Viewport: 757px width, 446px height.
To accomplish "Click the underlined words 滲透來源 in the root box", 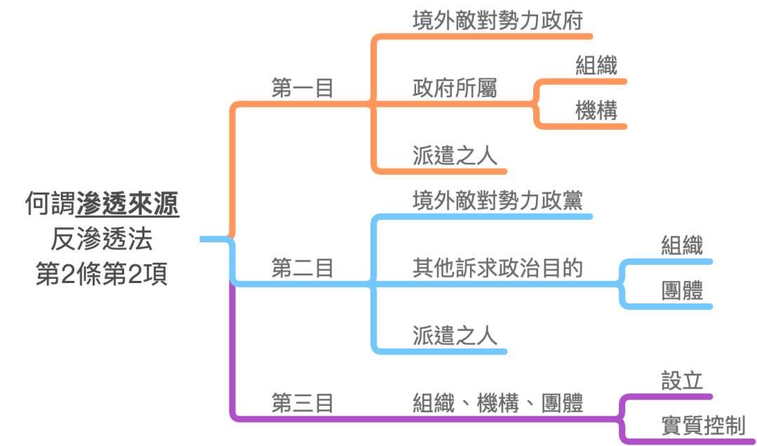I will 128,204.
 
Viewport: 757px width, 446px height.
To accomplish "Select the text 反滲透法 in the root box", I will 102,239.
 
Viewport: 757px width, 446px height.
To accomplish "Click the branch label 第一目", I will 302,89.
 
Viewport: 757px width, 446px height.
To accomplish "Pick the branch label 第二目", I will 302,268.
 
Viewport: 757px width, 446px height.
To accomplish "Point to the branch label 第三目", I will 302,403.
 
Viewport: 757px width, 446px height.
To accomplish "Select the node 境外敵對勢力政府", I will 498,20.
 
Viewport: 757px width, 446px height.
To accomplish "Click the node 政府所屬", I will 455,88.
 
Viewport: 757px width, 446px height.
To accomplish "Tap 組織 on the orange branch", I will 596,65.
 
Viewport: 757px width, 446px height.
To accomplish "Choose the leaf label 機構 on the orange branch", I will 596,111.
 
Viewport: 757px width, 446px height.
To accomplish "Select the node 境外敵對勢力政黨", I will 498,199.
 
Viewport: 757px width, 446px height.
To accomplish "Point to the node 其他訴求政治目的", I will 498,268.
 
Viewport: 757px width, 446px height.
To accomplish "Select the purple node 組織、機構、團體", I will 498,403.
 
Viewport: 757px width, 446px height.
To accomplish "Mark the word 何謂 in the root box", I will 51,204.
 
